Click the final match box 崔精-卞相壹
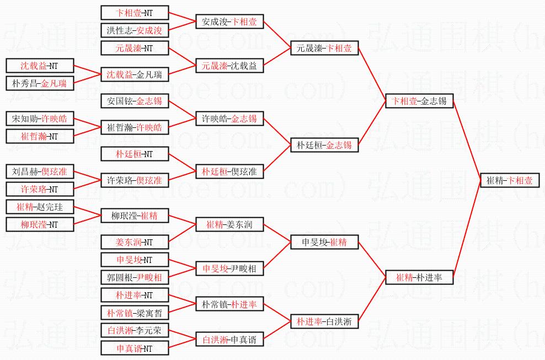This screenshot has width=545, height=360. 509,180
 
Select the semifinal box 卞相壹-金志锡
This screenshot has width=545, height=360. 419,101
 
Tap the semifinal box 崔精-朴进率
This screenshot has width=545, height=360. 419,277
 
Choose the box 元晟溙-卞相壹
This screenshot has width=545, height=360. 325,49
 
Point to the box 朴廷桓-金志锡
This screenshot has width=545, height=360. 325,146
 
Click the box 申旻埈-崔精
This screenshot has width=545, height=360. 325,242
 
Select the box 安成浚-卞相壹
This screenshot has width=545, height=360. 229,22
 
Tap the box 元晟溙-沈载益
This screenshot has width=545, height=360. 229,66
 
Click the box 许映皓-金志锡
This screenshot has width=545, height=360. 229,119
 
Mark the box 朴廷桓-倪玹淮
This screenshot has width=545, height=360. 229,171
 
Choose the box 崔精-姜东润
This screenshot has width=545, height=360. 229,224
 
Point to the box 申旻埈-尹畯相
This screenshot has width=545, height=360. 229,268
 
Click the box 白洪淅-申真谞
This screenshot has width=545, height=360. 229,339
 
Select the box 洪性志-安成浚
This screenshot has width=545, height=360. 135,31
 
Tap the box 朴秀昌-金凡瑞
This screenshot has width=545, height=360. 39,83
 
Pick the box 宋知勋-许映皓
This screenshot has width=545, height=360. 39,119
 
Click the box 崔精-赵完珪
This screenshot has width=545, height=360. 39,207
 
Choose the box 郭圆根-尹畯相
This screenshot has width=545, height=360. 135,277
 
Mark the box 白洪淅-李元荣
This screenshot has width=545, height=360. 135,330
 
